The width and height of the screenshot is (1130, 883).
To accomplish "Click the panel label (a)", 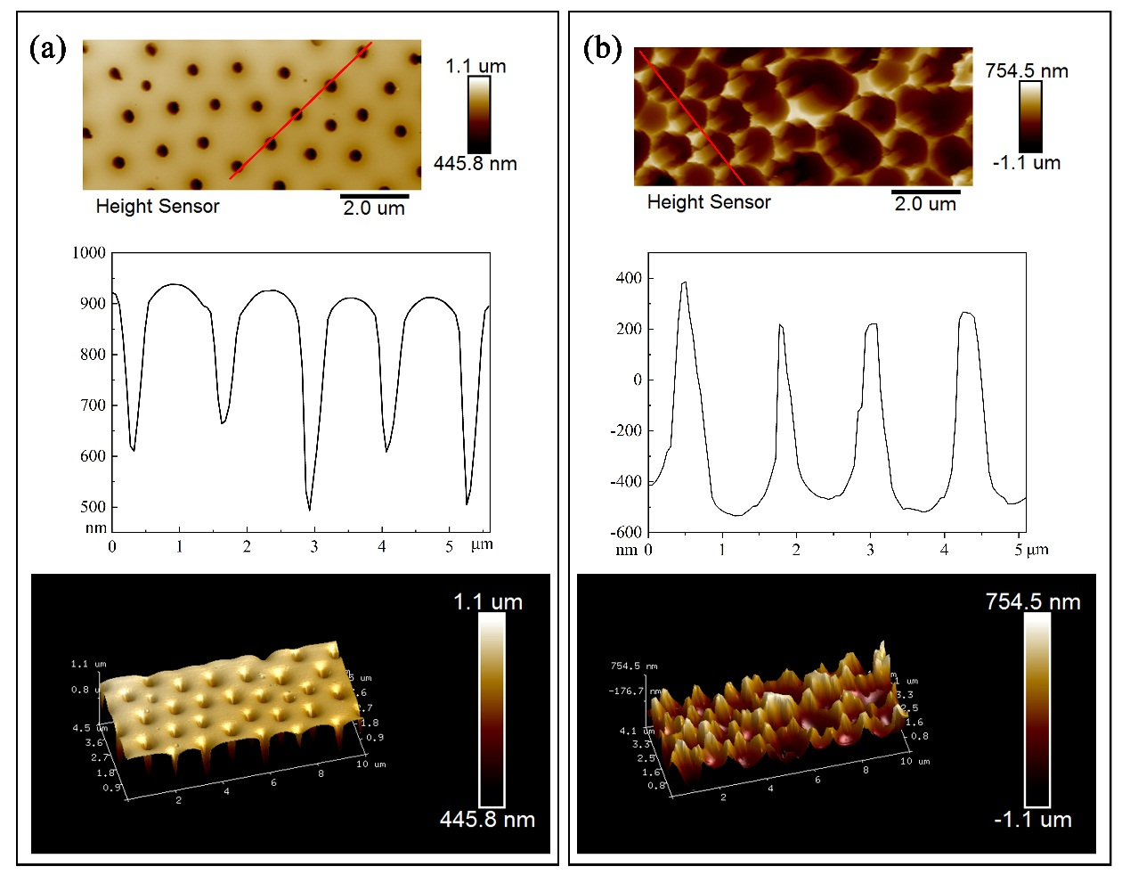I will [x=48, y=48].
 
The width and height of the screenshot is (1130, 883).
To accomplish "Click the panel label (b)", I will [x=602, y=48].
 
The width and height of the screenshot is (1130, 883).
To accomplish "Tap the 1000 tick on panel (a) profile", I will [x=89, y=253].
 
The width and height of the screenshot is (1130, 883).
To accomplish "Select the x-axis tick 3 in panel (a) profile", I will [x=314, y=546].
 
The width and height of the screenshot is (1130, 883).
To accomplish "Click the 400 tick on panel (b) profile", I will [x=628, y=279].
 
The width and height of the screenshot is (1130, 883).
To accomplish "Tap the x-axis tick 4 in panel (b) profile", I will [x=944, y=550].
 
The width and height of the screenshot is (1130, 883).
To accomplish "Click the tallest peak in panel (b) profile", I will [x=684, y=283].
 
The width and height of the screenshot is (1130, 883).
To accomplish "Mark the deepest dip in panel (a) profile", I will [x=310, y=510].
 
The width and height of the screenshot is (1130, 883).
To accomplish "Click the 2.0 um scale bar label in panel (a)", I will [x=374, y=208].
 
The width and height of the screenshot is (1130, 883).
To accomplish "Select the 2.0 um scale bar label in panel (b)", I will [x=925, y=204].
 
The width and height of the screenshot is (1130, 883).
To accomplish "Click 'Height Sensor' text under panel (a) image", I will [x=158, y=207].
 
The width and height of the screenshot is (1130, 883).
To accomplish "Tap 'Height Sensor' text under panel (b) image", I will [x=709, y=202].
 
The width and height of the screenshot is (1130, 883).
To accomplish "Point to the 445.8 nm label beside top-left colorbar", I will [x=475, y=164].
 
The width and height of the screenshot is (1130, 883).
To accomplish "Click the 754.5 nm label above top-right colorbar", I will [x=1027, y=71].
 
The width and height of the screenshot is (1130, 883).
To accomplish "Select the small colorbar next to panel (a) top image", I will [x=478, y=114].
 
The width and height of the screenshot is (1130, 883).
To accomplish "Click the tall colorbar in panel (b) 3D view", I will [x=1037, y=709].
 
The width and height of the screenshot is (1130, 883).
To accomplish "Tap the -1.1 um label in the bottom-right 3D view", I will [x=1033, y=820].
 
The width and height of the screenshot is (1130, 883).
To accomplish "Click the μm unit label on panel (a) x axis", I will [x=482, y=544].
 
